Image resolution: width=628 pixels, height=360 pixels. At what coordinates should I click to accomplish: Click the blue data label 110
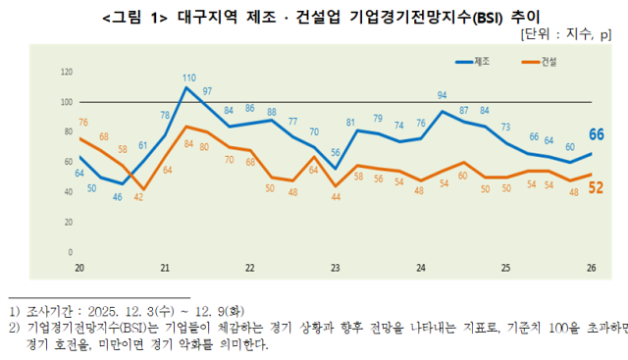(x=188, y=77)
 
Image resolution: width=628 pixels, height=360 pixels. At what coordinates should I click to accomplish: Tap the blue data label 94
(x=443, y=95)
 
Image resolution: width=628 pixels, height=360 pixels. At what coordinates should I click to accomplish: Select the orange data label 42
(x=138, y=197)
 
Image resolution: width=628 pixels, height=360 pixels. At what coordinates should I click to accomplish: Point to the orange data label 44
(x=336, y=197)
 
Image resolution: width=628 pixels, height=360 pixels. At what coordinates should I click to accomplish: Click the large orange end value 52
(x=595, y=186)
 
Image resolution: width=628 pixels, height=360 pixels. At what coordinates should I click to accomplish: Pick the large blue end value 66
(x=595, y=134)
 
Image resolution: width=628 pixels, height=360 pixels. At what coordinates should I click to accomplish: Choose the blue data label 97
(x=207, y=91)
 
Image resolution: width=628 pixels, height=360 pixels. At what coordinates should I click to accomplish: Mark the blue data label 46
(x=118, y=197)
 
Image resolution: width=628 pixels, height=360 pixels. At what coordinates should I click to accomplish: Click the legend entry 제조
(x=482, y=62)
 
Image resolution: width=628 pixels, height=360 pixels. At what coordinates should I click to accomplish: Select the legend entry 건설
(x=547, y=62)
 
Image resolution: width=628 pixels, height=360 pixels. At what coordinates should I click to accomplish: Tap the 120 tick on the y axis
(x=67, y=73)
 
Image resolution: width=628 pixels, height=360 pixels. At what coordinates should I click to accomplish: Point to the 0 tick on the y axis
(x=71, y=252)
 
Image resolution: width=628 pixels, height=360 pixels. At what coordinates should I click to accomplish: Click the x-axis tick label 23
(x=336, y=267)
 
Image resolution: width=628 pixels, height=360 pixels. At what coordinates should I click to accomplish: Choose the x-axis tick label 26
(x=590, y=267)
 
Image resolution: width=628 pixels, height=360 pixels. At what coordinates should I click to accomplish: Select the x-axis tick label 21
(x=165, y=267)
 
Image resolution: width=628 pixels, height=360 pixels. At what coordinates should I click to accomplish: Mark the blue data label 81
(x=350, y=122)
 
